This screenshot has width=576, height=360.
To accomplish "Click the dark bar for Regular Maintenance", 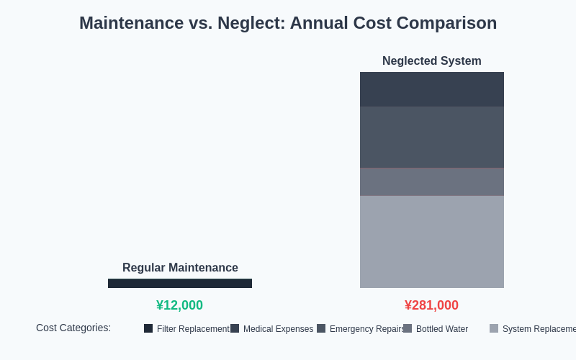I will tap(180, 283).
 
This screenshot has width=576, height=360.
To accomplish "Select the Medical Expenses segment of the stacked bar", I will tap(432, 89).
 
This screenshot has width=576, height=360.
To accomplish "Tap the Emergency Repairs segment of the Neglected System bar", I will tap(432, 137).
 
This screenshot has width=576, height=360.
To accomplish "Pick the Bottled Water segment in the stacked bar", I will tap(432, 181).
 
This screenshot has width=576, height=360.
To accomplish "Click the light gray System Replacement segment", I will tap(432, 242).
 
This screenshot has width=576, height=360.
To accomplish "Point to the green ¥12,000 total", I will tap(179, 305).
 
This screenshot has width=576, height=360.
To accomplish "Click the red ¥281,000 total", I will tap(431, 305).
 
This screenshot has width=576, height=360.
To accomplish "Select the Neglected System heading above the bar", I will tap(431, 61).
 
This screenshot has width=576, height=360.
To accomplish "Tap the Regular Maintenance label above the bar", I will tap(180, 268).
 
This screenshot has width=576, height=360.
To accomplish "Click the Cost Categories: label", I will tap(73, 328).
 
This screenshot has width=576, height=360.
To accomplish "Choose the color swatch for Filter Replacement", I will tap(148, 328).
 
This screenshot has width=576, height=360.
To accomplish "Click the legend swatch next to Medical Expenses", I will tap(235, 328).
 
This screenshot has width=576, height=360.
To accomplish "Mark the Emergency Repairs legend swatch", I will tap(321, 328).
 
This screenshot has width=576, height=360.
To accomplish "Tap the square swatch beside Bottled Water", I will tap(408, 328).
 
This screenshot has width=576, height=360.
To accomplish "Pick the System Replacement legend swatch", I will tap(494, 328).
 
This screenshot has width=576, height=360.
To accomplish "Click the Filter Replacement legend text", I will tap(193, 329).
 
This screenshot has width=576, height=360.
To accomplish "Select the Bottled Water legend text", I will tap(442, 329).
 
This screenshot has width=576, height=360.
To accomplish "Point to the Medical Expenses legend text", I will tap(278, 329).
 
